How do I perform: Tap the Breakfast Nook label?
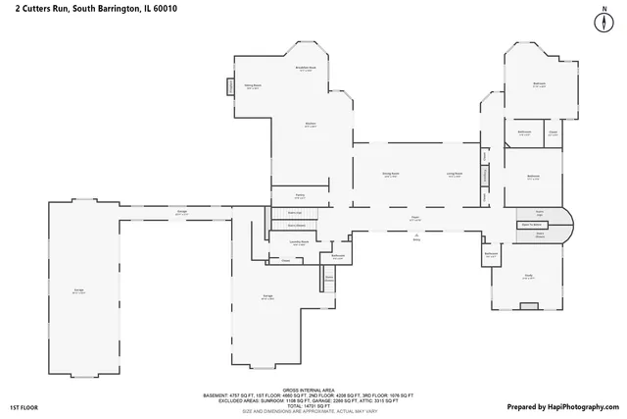click(305, 69)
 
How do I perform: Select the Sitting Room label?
click(253, 86)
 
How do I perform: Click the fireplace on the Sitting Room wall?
click(231, 87)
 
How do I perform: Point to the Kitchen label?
click(310, 124)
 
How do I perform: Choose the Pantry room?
click(300, 195)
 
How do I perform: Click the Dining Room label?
click(390, 176)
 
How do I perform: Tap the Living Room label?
click(455, 176)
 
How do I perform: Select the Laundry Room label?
click(300, 241)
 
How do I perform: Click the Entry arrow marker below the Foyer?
click(415, 236)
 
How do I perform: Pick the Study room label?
click(527, 277)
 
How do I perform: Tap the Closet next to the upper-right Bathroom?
click(554, 132)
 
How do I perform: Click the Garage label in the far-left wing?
click(78, 290)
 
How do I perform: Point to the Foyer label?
click(415, 220)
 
